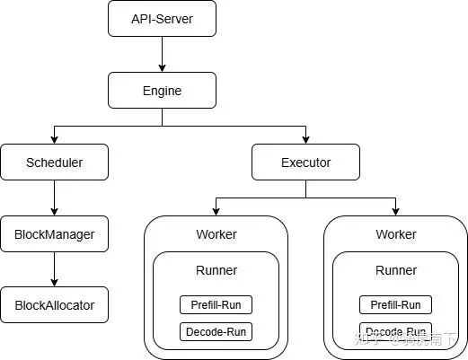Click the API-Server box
click(x=162, y=19)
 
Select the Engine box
click(x=162, y=91)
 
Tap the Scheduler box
click(x=54, y=162)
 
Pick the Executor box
click(x=305, y=162)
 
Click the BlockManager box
click(x=54, y=234)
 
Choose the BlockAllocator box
click(x=54, y=305)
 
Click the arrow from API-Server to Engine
click(x=162, y=54)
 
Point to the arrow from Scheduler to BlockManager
click(x=54, y=198)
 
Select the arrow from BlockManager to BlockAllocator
click(x=54, y=269)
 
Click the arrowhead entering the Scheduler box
click(x=54, y=140)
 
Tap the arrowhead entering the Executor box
click(x=305, y=140)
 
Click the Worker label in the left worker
click(x=216, y=234)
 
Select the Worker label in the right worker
click(x=395, y=234)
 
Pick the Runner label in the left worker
click(x=216, y=270)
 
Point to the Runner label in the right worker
click(x=395, y=270)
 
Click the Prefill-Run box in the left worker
click(x=216, y=304)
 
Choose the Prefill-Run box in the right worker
click(x=395, y=304)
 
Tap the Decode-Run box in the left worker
click(x=216, y=332)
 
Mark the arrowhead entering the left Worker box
click(x=216, y=212)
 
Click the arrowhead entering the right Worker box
click(x=395, y=212)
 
